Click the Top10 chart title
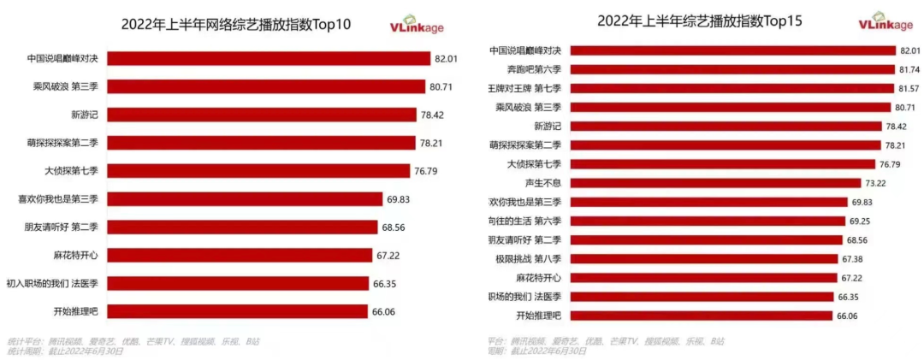(236, 24)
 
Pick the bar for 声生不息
(714, 183)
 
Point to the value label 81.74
(907, 69)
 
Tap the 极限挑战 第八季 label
(531, 258)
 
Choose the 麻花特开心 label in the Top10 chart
(76, 255)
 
